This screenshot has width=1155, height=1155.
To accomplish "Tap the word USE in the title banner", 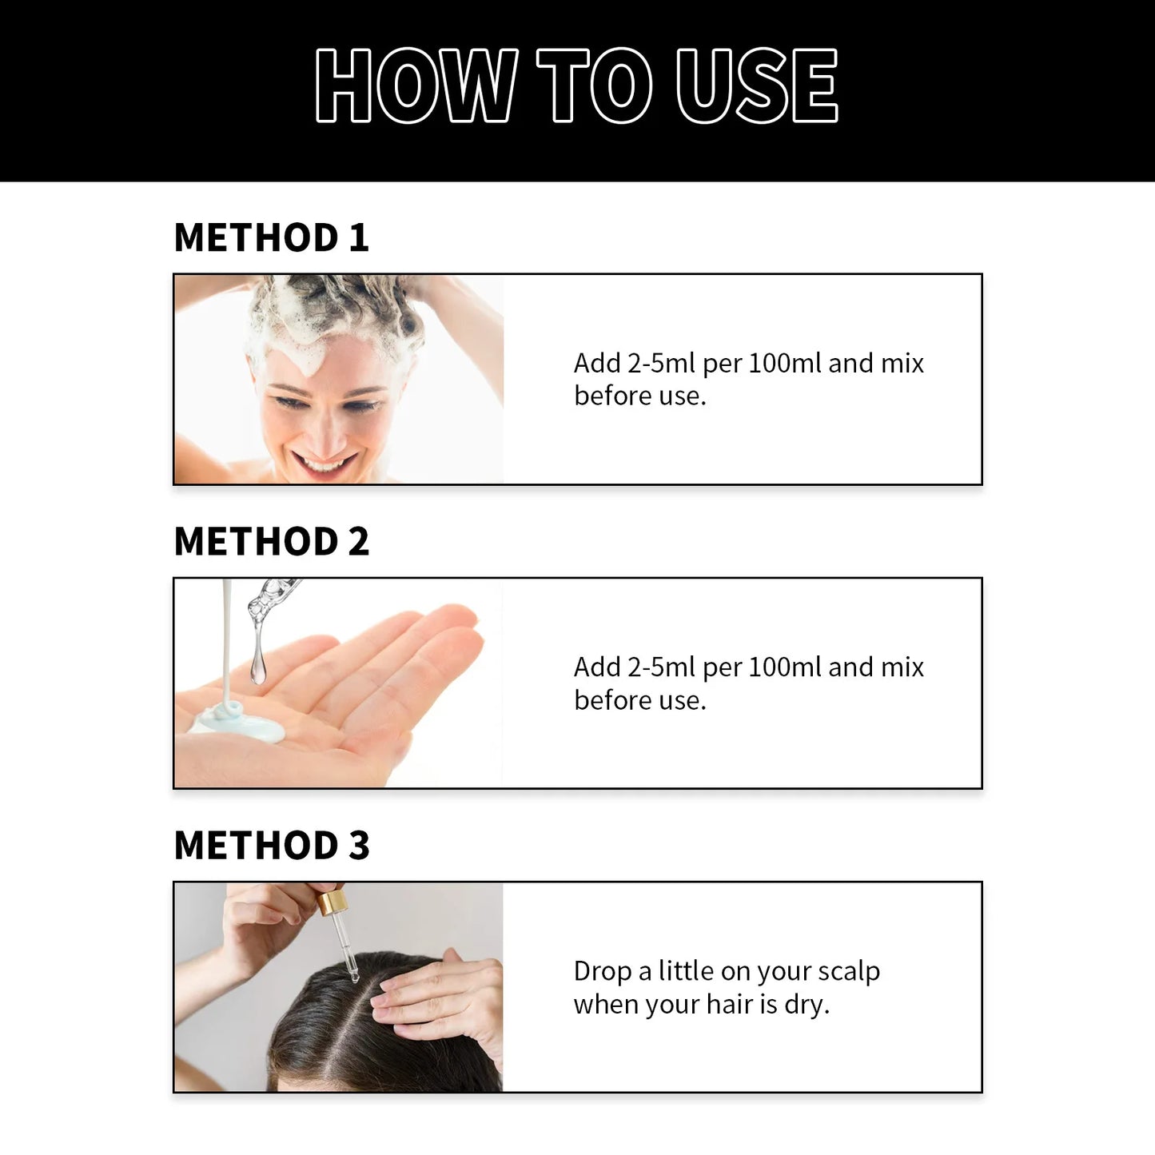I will click(x=756, y=86).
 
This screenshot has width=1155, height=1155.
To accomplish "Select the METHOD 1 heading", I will click(x=271, y=237).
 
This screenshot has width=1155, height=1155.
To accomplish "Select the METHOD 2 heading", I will click(x=271, y=542).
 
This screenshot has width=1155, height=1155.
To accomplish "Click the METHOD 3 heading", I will click(x=271, y=846).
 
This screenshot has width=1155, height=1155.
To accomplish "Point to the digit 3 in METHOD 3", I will click(x=359, y=846).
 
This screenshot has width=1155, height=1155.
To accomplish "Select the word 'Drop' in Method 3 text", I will click(x=602, y=971).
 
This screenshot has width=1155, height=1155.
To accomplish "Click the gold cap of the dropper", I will click(x=332, y=903).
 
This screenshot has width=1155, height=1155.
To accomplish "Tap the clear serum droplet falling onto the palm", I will click(x=257, y=667).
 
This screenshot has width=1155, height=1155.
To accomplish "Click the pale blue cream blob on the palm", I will click(x=240, y=723).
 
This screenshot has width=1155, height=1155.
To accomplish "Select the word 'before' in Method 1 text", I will click(x=612, y=396).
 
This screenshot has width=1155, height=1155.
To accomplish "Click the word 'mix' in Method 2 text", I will click(x=902, y=667).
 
